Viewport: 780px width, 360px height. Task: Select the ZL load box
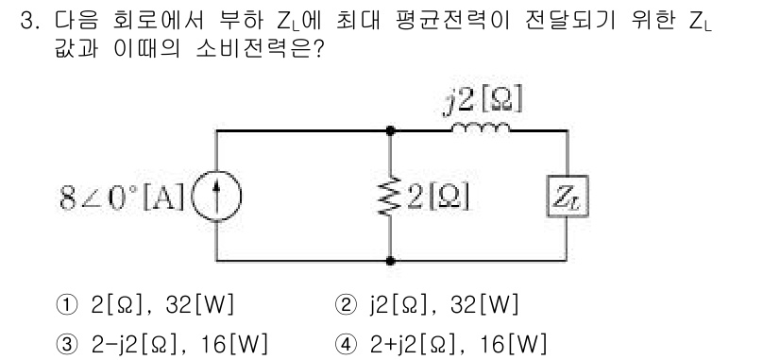coord(565,198)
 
